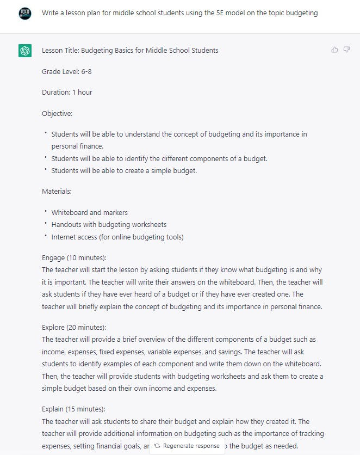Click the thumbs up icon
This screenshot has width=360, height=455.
[334, 50]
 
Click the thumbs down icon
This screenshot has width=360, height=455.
[346, 50]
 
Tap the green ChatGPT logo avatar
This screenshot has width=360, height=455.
[25, 51]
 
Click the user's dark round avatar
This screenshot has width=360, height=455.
[25, 13]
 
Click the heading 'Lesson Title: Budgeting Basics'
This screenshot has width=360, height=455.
[130, 51]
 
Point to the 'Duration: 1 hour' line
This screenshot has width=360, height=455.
[67, 93]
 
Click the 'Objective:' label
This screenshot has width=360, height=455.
[57, 113]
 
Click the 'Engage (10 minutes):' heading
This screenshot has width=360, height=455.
[74, 257]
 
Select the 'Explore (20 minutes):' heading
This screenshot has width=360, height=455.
[74, 327]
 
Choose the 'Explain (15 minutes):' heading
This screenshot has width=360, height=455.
[73, 409]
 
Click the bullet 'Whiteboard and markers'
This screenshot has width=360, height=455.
[90, 212]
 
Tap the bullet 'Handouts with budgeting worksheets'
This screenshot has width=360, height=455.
[109, 224]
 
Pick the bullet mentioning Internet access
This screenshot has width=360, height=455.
[117, 237]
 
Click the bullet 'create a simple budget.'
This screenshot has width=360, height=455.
[124, 171]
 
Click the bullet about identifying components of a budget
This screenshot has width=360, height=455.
[159, 158]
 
